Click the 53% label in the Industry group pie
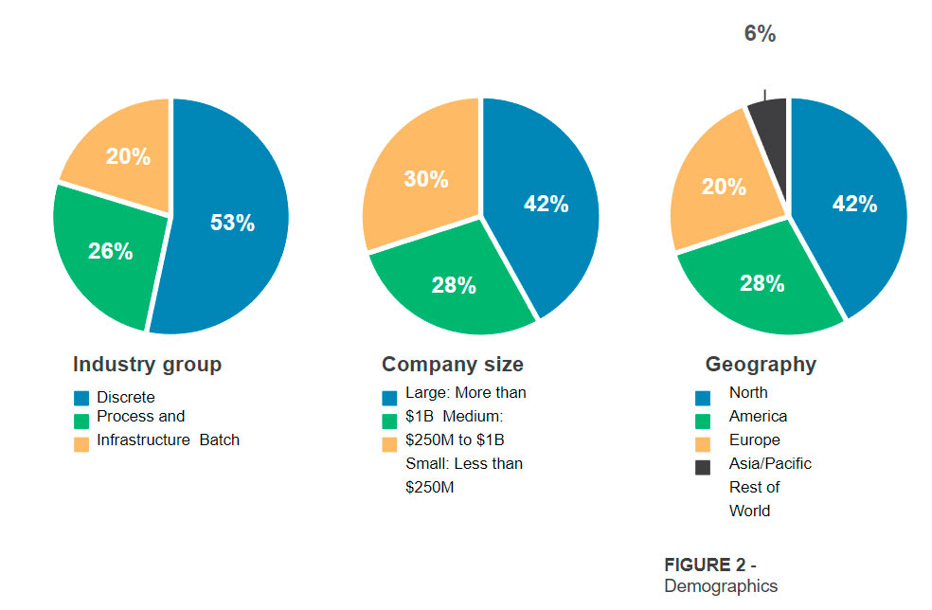[232, 224]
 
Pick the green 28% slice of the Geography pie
[762, 283]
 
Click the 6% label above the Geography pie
[760, 34]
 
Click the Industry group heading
[147, 365]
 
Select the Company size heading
[452, 365]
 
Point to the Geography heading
[761, 365]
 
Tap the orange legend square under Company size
[389, 444]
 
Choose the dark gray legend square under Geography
[703, 467]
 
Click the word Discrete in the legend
[125, 397]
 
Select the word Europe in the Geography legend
[754, 440]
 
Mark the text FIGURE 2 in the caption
[704, 565]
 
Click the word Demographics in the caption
[720, 586]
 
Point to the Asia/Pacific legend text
[770, 464]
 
